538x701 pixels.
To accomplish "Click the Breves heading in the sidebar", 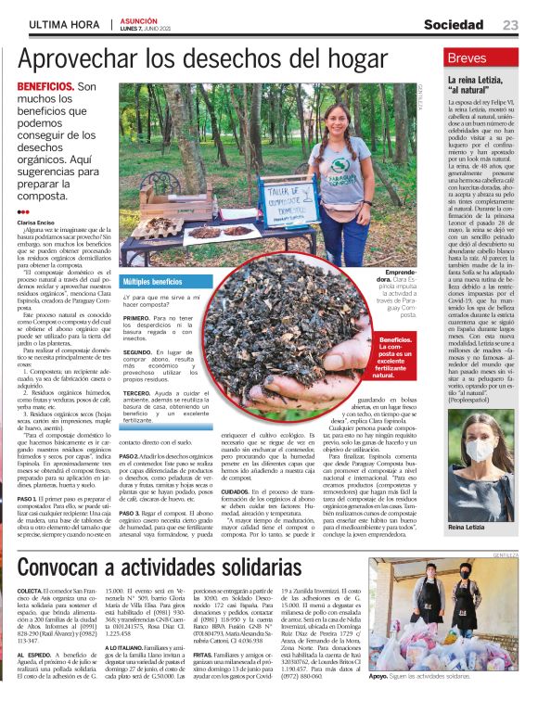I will [467, 58].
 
